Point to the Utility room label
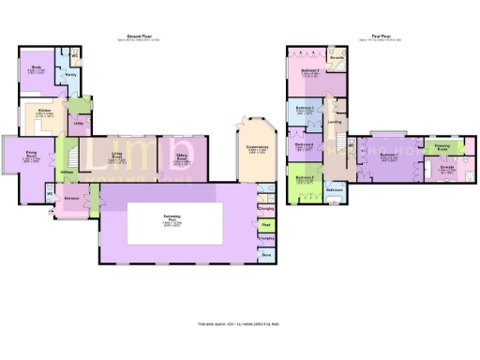[79, 122]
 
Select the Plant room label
[266, 224]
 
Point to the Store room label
[266, 253]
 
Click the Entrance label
[71, 199]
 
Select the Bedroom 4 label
[304, 144]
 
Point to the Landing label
[334, 121]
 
